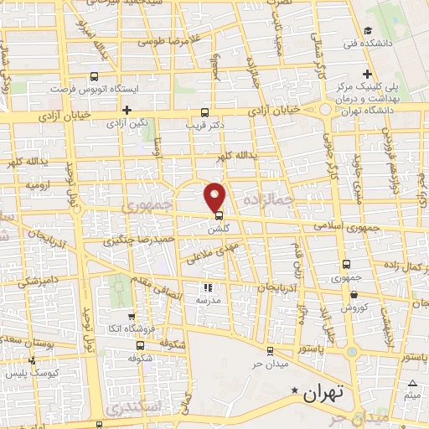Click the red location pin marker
216,197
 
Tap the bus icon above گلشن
219,215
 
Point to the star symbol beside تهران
293,390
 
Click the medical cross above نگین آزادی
127,110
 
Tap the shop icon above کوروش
354,295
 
